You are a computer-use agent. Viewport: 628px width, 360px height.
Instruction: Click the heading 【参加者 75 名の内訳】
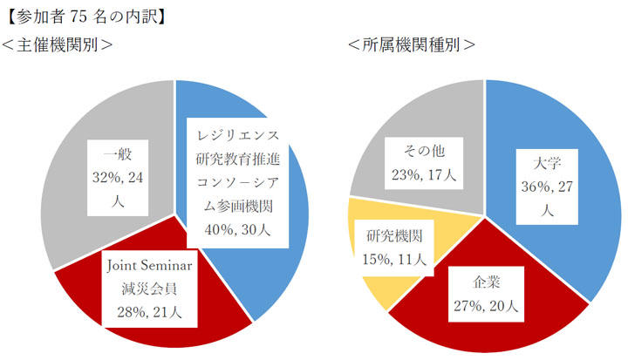tap(87, 16)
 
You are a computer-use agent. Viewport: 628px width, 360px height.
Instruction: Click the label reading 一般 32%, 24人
tap(114, 175)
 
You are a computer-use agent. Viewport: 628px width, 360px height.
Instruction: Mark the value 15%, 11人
tap(394, 258)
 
